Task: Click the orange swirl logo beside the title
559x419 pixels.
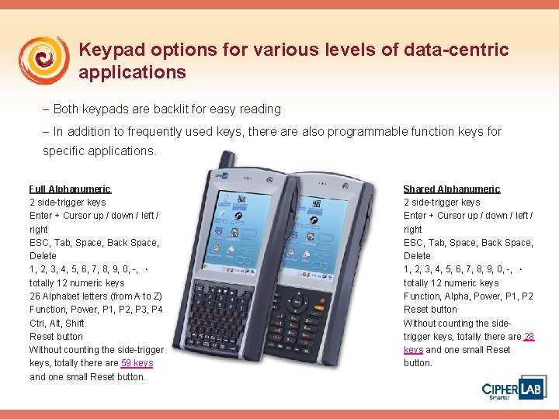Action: pyautogui.click(x=44, y=61)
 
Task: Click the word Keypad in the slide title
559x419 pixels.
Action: pyautogui.click(x=109, y=50)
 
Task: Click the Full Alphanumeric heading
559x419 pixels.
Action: pyautogui.click(x=70, y=189)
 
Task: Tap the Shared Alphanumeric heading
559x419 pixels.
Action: pyautogui.click(x=452, y=189)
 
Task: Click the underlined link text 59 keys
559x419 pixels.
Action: pyautogui.click(x=137, y=363)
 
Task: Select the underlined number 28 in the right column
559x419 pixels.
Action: pyautogui.click(x=529, y=337)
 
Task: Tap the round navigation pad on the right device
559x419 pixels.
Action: pyautogui.click(x=299, y=303)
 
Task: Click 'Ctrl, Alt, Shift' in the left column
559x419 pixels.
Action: pyautogui.click(x=57, y=324)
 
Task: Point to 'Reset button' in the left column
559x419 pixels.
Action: pyautogui.click(x=56, y=337)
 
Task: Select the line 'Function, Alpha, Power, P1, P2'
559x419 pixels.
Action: pyautogui.click(x=468, y=296)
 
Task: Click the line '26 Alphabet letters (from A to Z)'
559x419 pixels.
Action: pyautogui.click(x=95, y=296)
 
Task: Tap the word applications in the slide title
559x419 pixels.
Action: pyautogui.click(x=132, y=73)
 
